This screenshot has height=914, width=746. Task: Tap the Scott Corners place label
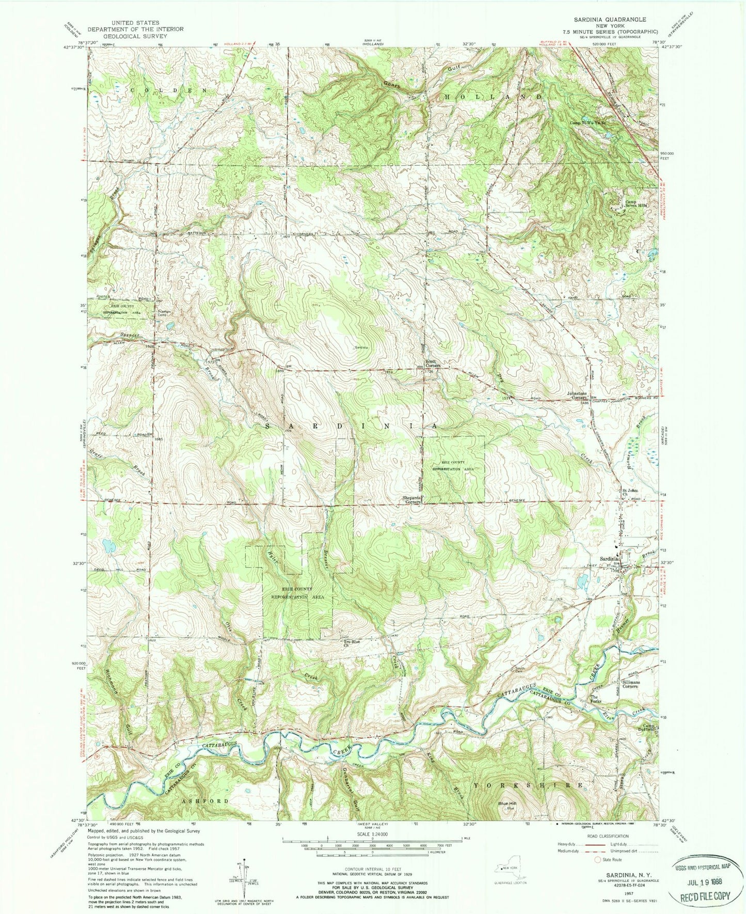pyautogui.click(x=432, y=363)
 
